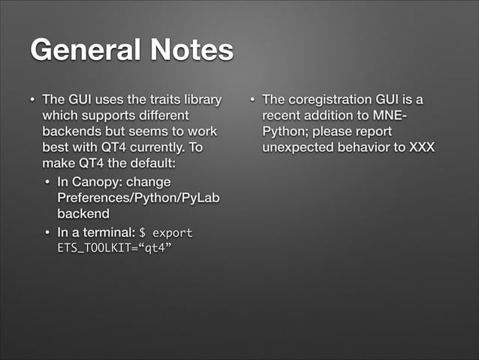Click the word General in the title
[83, 50]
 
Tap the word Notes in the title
[188, 50]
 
